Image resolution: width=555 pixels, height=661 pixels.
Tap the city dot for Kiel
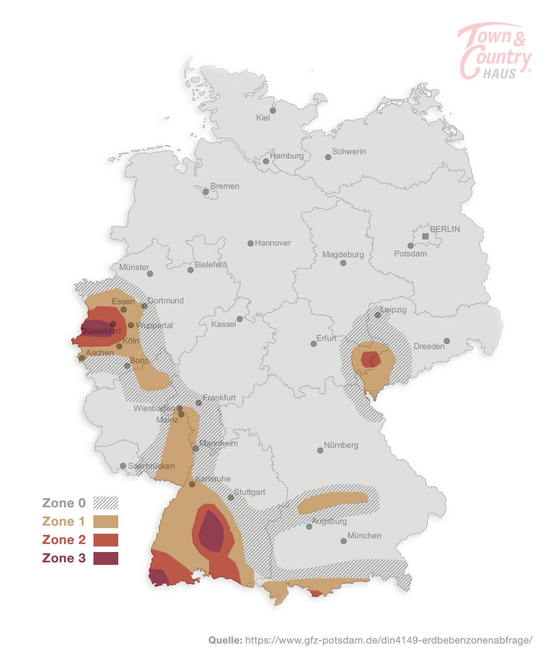[x=273, y=111]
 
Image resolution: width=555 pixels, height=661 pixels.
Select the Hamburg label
[x=287, y=156]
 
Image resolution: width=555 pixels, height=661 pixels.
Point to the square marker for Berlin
[x=426, y=236]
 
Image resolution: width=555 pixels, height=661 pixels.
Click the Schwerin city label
[x=349, y=151]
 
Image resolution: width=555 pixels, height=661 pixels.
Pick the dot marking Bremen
[x=206, y=192]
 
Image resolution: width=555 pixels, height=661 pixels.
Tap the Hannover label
[x=273, y=243]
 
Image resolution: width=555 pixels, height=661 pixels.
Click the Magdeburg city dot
[x=343, y=263]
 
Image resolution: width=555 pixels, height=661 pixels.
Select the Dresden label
[x=429, y=346]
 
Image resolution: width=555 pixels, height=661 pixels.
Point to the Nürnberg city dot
[x=320, y=450]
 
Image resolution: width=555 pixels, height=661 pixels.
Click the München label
[x=364, y=536]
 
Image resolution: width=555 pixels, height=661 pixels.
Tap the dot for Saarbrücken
[x=123, y=466]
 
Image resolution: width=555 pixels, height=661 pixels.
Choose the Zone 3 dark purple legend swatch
[x=106, y=558]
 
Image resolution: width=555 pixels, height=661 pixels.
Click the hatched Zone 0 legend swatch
[x=106, y=503]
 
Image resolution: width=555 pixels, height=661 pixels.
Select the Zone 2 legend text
[x=64, y=540]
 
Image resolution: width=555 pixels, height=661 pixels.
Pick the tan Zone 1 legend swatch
[x=106, y=521]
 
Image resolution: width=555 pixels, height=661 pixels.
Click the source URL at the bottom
[x=388, y=640]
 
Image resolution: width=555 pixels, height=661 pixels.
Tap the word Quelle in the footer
[x=225, y=640]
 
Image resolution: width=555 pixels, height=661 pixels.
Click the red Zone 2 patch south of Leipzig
[x=370, y=359]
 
